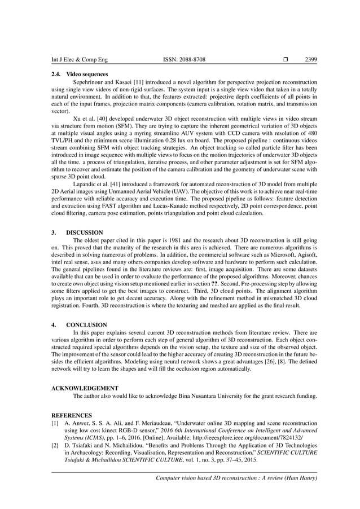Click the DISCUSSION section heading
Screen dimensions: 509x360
tap(85, 232)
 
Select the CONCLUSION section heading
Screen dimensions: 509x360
tap(86, 325)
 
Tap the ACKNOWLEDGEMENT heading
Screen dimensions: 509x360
tap(85, 388)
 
